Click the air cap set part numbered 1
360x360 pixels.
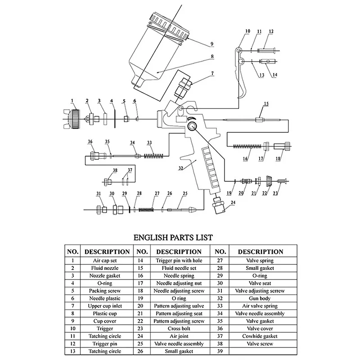click(x=72, y=118)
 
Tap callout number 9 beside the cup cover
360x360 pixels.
click(x=211, y=44)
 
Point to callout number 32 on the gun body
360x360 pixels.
click(x=181, y=169)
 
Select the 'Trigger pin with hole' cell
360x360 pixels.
click(x=179, y=260)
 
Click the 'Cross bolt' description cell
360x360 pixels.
click(x=179, y=328)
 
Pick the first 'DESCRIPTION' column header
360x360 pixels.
click(x=107, y=252)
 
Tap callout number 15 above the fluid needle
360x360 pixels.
click(x=266, y=104)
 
